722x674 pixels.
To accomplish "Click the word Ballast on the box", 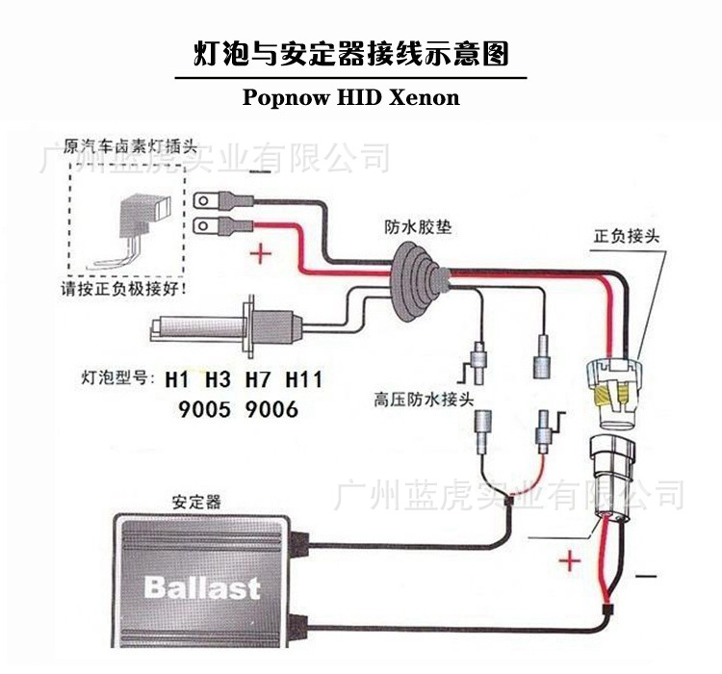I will coord(202,586).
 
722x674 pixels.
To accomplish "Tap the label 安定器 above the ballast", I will coord(196,502).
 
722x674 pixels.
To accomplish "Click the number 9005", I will coord(204,409).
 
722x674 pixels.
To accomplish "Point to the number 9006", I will coord(271,409).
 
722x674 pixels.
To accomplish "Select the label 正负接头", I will coord(627,236).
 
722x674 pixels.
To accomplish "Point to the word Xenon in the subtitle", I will coord(424,97).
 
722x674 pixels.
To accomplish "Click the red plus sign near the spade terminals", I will coord(261,255).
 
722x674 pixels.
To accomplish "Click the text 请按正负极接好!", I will coord(124,287).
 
